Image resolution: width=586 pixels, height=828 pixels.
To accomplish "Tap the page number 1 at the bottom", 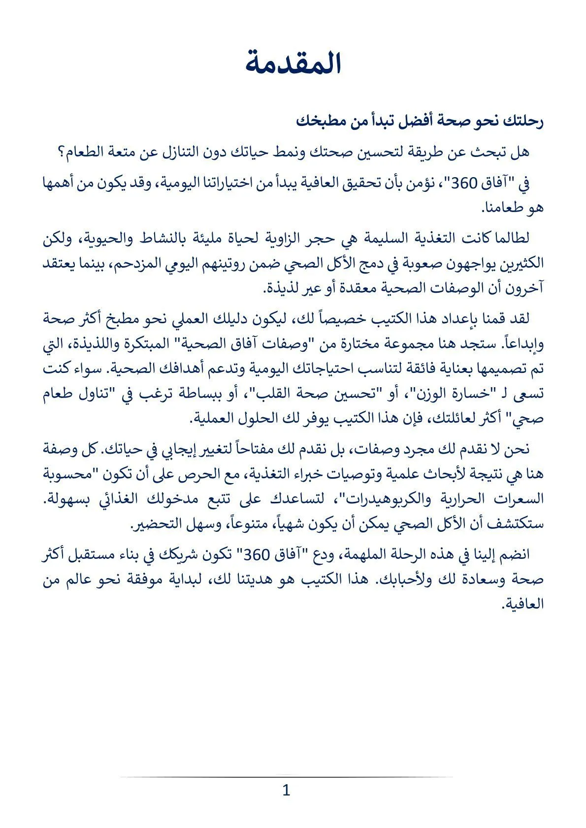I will [x=286, y=790].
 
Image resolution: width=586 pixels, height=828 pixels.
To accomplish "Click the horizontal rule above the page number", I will [x=286, y=777].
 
